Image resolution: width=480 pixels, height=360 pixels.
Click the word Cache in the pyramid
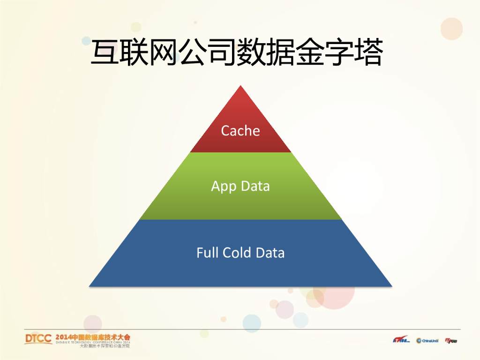pyautogui.click(x=240, y=131)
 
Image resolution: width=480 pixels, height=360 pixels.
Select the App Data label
pyautogui.click(x=240, y=186)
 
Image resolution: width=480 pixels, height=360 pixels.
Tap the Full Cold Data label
pyautogui.click(x=240, y=253)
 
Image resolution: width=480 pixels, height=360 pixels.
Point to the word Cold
pyautogui.click(x=237, y=253)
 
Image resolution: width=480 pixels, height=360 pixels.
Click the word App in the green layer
pyautogui.click(x=222, y=187)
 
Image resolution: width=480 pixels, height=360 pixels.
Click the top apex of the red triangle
pyautogui.click(x=240, y=86)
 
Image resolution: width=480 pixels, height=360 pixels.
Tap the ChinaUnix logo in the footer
pyautogui.click(x=427, y=340)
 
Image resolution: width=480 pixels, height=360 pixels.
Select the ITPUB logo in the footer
pyautogui.click(x=450, y=340)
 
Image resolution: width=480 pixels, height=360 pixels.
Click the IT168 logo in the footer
pyautogui.click(x=401, y=340)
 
